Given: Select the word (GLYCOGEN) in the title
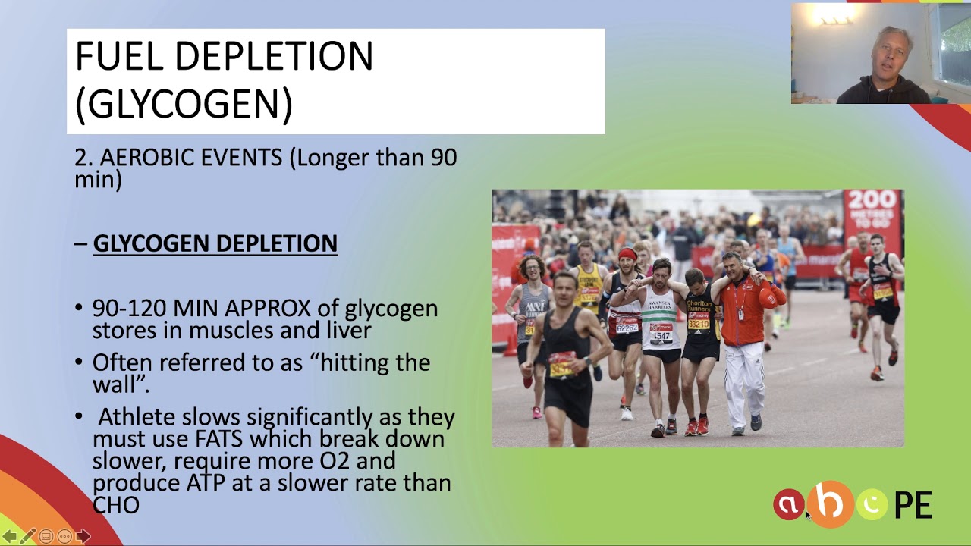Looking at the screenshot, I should pos(184,104).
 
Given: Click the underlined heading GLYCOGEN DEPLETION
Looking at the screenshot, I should pos(215,243).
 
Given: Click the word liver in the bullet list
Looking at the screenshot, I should pos(345,331).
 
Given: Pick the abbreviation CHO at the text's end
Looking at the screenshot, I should pos(115,505).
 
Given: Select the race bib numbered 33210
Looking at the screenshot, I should pos(698,324).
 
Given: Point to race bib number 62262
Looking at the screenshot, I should pos(627,327).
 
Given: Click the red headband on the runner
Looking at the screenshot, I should pos(627,254).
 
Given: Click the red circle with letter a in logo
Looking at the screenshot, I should pos(788,505).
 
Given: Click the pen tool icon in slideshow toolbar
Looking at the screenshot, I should pos(27,536).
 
